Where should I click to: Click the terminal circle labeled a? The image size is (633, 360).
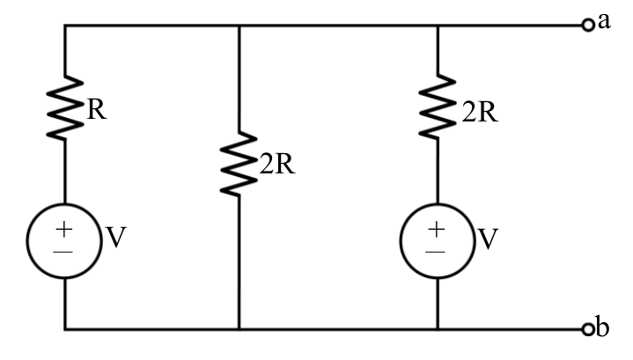(588, 25)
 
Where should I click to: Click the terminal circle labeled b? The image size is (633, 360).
(588, 329)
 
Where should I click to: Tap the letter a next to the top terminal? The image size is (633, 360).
(604, 21)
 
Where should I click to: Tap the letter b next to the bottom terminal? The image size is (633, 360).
(602, 327)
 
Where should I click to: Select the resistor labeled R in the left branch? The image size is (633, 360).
(64, 107)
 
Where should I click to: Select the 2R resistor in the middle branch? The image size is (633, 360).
(239, 164)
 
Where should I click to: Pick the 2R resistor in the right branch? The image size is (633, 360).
(438, 107)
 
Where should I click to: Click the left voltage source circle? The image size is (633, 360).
(64, 241)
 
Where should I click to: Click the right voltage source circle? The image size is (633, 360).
(438, 241)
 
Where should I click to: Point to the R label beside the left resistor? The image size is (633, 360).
(97, 109)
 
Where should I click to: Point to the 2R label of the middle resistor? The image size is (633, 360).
(277, 165)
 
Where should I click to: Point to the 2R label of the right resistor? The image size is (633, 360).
(480, 112)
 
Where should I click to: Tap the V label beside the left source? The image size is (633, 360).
(116, 238)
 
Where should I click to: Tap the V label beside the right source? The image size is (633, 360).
(488, 239)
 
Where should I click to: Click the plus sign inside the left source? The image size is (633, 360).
(63, 230)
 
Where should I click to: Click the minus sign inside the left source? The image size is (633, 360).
(63, 253)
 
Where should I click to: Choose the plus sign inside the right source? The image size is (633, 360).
(436, 230)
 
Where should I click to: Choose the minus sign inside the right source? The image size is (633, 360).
(435, 253)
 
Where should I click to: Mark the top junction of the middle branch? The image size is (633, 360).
(239, 26)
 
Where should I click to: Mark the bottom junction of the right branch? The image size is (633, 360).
(438, 329)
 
